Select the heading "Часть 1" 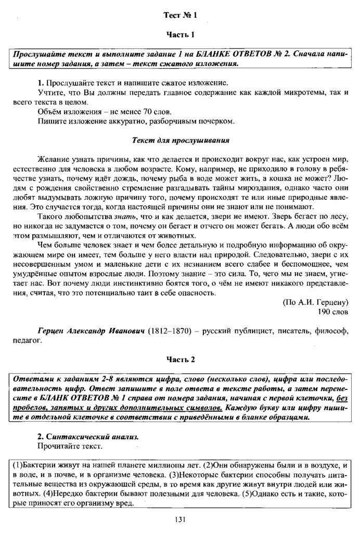click(x=179, y=35)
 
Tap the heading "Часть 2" click(x=179, y=360)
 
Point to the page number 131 click(x=180, y=518)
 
